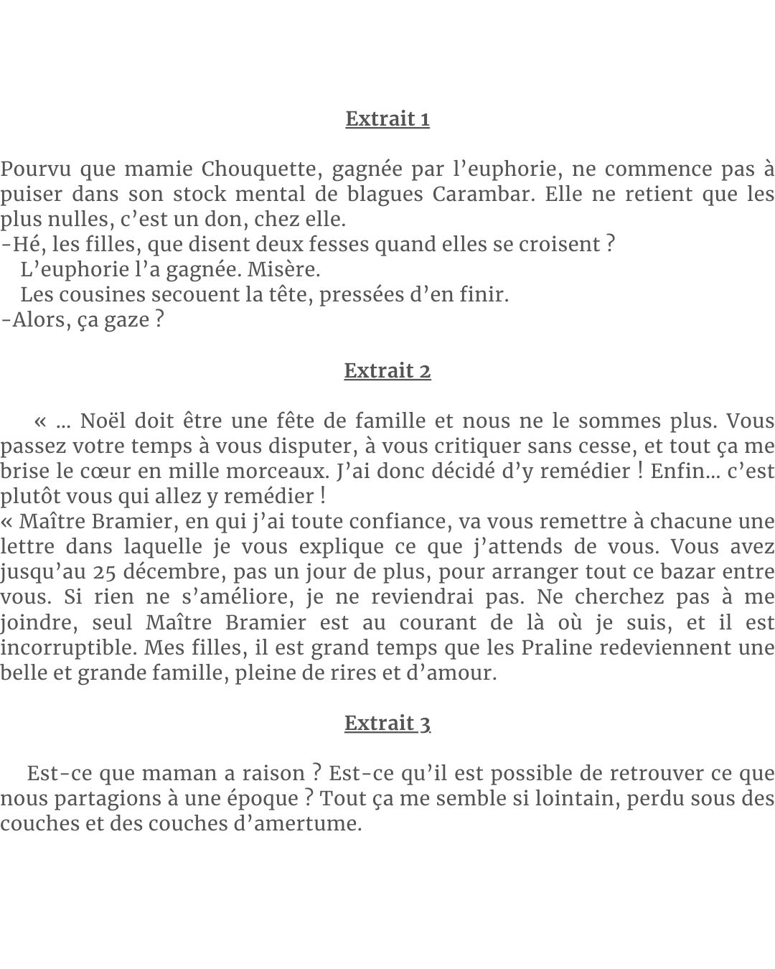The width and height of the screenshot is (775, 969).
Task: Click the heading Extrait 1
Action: click(387, 118)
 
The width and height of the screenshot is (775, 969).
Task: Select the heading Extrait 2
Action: click(387, 370)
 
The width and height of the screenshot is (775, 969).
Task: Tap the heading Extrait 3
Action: click(387, 723)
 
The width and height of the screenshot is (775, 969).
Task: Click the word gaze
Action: click(126, 320)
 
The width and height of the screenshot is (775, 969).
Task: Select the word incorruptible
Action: click(69, 647)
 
